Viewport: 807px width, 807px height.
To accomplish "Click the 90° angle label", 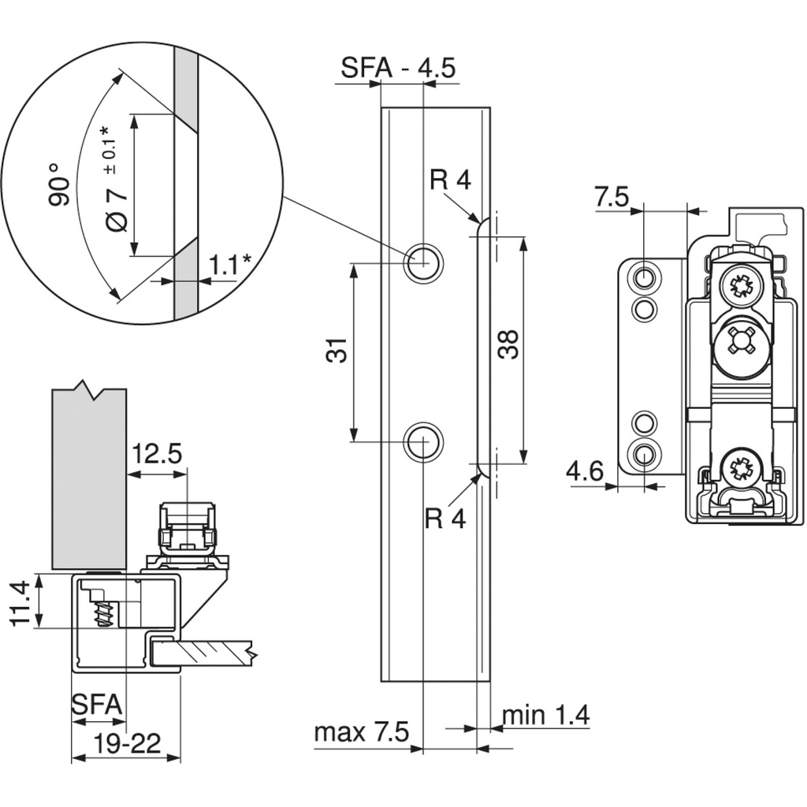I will [58, 185].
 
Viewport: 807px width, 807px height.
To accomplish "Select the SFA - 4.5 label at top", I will [398, 68].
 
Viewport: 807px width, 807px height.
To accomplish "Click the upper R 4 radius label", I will [450, 180].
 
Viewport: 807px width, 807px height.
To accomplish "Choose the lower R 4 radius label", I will [445, 519].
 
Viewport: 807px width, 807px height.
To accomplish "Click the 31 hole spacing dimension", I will [337, 350].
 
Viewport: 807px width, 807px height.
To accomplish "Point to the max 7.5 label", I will [362, 732].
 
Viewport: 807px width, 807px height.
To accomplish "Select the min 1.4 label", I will [545, 715].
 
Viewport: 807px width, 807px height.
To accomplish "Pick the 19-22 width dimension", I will [127, 742].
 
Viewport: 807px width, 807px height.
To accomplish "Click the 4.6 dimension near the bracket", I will [584, 471].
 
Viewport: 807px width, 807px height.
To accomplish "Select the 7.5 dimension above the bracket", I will [612, 197].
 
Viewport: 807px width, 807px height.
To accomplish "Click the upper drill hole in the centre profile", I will [422, 261].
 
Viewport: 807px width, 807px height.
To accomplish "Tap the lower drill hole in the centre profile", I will [422, 441].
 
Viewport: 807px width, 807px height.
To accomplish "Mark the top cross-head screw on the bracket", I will [742, 286].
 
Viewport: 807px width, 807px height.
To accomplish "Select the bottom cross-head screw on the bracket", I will [742, 467].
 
